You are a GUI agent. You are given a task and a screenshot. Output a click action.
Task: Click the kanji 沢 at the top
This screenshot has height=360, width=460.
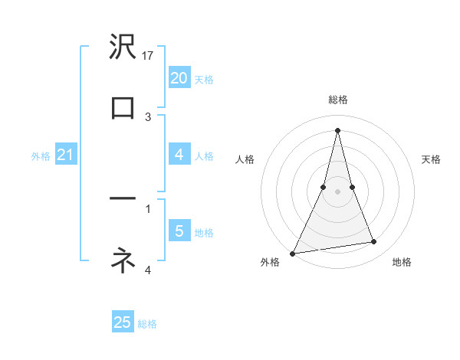[123, 47]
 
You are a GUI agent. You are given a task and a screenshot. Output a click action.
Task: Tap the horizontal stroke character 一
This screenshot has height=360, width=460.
[123, 198]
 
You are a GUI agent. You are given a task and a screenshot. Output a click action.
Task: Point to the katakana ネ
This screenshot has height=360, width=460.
[123, 260]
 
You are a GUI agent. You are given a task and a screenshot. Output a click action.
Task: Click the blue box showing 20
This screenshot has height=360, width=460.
[179, 77]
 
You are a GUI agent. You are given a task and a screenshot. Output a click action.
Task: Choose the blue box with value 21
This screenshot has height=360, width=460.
[65, 155]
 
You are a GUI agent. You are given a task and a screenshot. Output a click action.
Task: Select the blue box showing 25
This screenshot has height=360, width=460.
[123, 322]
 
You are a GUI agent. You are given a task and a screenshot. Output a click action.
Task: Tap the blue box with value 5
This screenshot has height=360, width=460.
[179, 231]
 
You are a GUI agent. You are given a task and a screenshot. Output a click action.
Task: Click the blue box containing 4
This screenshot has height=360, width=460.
[179, 155]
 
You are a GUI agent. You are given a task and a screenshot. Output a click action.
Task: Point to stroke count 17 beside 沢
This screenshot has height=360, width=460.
[149, 55]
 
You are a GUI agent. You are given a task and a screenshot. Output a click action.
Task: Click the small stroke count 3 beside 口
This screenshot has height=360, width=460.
[148, 116]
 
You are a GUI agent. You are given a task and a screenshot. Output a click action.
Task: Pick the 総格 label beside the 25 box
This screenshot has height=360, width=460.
[147, 324]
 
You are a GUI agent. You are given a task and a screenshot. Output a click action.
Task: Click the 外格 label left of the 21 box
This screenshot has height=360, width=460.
[41, 156]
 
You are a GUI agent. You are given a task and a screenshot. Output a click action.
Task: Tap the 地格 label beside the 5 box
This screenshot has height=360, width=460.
[204, 232]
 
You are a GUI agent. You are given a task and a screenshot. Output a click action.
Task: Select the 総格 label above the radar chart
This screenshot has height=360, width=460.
[337, 100]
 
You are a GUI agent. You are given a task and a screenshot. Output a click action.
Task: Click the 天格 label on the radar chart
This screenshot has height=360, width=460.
[431, 159]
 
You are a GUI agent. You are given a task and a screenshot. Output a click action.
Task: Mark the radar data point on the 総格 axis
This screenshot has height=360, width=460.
[337, 130]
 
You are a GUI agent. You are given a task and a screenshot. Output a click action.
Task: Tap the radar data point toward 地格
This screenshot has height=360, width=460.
[374, 242]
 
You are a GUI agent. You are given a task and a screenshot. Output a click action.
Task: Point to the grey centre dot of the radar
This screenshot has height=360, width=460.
[337, 191]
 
